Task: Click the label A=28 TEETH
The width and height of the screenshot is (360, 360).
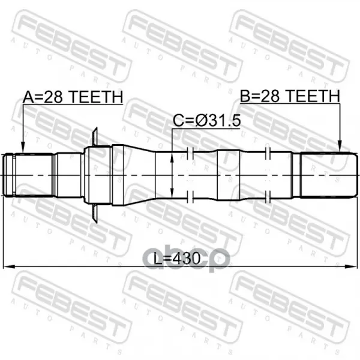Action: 73,97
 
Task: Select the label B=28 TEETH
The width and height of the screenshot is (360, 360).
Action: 290,96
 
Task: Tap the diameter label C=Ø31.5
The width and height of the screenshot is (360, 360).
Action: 206,121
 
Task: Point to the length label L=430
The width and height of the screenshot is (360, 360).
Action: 177,258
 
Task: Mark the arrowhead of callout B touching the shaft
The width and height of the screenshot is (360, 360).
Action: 340,147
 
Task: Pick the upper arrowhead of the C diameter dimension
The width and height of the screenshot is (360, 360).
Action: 172,157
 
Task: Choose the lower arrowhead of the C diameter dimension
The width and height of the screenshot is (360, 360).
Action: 172,192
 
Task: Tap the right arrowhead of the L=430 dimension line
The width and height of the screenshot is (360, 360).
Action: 352,266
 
